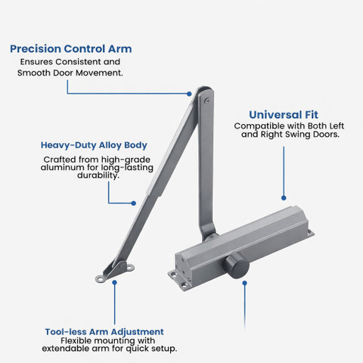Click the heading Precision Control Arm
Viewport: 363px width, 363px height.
(71, 49)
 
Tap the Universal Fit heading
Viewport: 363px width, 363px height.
(284, 115)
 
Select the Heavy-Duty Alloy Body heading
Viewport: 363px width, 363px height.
(94, 145)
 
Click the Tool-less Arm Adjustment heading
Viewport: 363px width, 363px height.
(104, 332)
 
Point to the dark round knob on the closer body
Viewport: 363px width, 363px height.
(237, 266)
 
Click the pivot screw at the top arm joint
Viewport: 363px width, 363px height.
(207, 101)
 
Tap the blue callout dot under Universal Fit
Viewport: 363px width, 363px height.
(284, 198)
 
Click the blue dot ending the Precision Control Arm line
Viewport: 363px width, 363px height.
(189, 94)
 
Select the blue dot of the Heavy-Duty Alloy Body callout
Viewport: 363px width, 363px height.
(134, 203)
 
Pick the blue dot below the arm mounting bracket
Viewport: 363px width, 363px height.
(115, 283)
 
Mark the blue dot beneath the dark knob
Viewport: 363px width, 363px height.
(244, 284)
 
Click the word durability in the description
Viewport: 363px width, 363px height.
(98, 175)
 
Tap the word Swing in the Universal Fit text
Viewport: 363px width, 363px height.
(298, 135)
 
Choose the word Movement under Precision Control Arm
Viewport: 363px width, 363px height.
(99, 73)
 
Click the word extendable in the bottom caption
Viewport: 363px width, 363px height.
(66, 349)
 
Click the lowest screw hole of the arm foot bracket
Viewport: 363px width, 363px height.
(101, 279)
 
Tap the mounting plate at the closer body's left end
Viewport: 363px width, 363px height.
(179, 280)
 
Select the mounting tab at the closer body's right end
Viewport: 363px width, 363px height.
(311, 233)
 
